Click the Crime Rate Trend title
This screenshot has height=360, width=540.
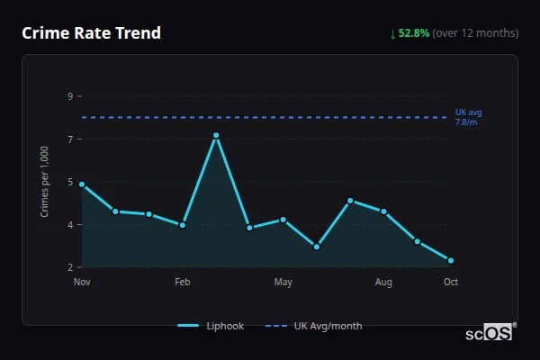[x=91, y=33]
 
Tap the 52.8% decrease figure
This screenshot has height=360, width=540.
[x=417, y=33]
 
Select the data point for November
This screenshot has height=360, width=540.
[x=82, y=184]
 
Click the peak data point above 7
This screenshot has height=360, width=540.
[x=216, y=135]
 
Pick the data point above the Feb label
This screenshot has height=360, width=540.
[x=183, y=225]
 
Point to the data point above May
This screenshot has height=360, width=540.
[x=283, y=220]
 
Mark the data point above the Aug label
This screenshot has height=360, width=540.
[x=384, y=211]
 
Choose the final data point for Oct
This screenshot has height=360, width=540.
[x=451, y=261]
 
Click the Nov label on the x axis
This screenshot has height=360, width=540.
[x=82, y=283]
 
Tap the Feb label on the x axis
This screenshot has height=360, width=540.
[x=183, y=283]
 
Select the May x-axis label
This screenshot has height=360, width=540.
[x=283, y=283]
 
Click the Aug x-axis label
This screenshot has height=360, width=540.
[x=384, y=283]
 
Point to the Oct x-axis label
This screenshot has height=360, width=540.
[x=451, y=283]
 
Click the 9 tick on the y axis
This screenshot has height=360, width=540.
[x=70, y=96]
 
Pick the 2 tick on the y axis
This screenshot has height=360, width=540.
[x=70, y=267]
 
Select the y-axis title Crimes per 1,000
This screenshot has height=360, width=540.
[x=45, y=182]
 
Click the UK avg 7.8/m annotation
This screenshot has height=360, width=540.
[x=469, y=117]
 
